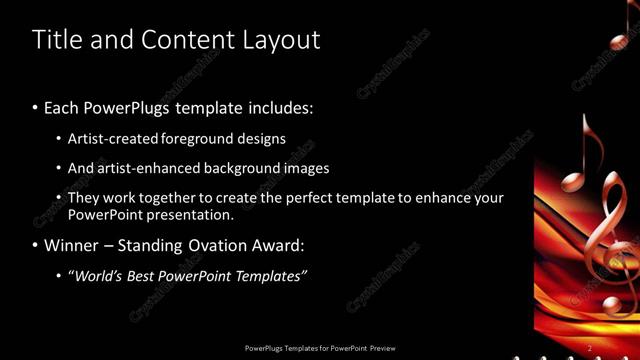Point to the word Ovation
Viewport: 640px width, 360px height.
pos(217,245)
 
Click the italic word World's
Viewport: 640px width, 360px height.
pos(95,275)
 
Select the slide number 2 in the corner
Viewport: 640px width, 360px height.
pos(590,347)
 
